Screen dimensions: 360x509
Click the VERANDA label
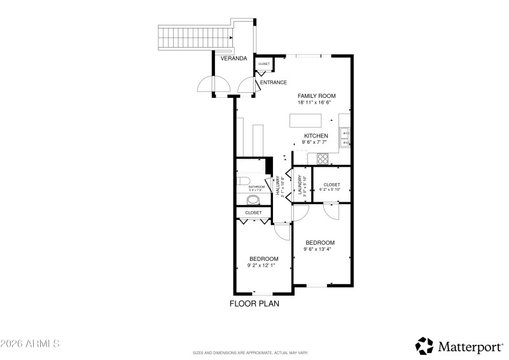click(x=234, y=59)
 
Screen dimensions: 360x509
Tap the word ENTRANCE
click(x=273, y=83)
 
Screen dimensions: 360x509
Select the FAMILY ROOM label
click(x=316, y=96)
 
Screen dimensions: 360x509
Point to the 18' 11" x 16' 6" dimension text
click(x=316, y=102)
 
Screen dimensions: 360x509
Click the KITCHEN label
click(x=316, y=136)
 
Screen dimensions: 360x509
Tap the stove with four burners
click(x=322, y=158)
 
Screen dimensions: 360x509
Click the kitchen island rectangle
click(x=306, y=120)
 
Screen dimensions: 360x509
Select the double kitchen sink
click(x=345, y=137)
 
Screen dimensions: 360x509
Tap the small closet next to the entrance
click(x=263, y=64)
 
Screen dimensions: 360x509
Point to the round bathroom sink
click(x=253, y=199)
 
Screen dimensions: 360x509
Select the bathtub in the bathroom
click(x=250, y=167)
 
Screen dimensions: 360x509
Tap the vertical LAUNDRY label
click(x=297, y=185)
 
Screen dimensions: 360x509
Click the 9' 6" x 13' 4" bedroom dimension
click(x=319, y=249)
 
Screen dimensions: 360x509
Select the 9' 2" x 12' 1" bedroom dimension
click(x=263, y=265)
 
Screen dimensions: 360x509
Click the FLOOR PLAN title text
click(x=254, y=303)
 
